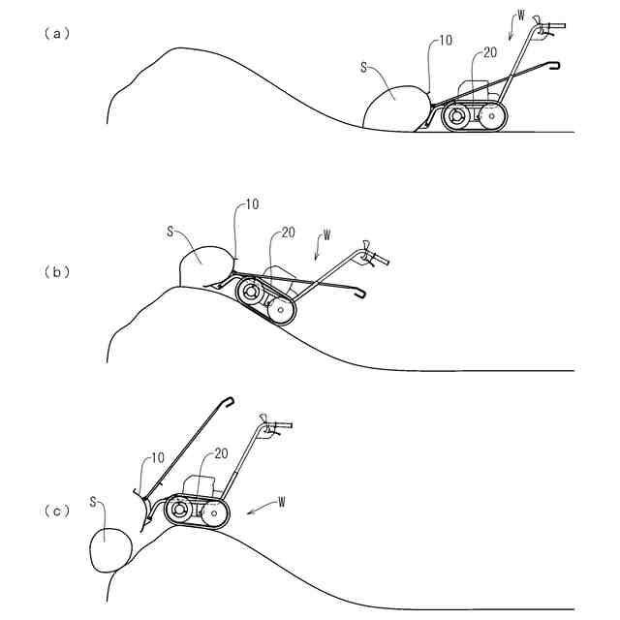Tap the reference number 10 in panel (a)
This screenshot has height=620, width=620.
446,42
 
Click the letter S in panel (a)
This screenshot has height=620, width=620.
362,68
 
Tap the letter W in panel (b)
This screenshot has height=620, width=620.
326,234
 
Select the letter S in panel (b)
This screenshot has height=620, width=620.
170,232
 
